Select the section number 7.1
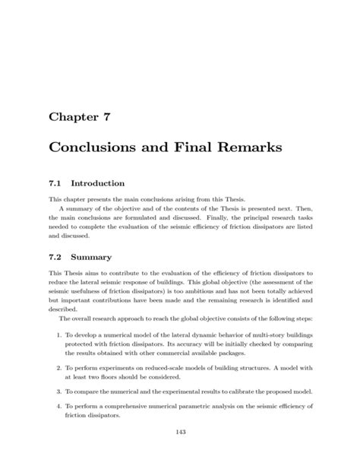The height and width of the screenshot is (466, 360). click(55, 183)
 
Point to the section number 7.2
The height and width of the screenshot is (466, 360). click(55, 258)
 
